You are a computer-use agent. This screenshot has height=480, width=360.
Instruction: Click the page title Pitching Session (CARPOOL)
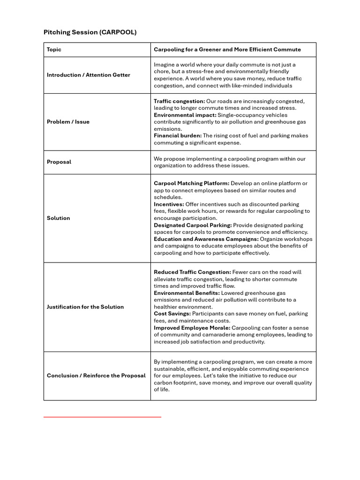coord(90,32)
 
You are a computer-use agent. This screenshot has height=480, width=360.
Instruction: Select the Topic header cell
coord(54,50)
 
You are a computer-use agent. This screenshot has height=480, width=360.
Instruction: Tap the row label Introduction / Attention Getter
coord(89,75)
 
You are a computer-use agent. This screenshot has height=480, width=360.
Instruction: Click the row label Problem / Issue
coord(68,122)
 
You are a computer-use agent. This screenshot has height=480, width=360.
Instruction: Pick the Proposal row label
coord(59,162)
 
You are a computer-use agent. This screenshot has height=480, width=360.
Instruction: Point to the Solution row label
coord(58,218)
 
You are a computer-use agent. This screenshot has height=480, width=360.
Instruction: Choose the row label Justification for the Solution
coord(85,307)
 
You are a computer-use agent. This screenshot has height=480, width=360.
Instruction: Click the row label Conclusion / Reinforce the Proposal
coord(96,376)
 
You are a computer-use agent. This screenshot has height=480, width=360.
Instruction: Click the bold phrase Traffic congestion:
coord(179,101)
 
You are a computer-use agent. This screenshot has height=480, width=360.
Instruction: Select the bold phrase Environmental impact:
coord(185,115)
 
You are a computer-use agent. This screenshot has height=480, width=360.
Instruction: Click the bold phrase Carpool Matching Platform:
coord(191,183)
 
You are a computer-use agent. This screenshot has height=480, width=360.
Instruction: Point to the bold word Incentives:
coord(169,204)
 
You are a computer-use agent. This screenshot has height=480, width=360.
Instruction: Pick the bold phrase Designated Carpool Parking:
coord(193,225)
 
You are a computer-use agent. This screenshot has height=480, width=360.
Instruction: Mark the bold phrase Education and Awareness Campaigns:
coord(206,239)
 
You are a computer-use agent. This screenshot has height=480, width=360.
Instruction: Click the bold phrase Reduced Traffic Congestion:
coord(192,272)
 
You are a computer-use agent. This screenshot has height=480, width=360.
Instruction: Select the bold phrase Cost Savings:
coord(172,314)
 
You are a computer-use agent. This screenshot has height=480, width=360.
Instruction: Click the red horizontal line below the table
coord(102,417)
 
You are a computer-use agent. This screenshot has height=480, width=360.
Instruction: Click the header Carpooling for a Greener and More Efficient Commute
coord(227,50)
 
